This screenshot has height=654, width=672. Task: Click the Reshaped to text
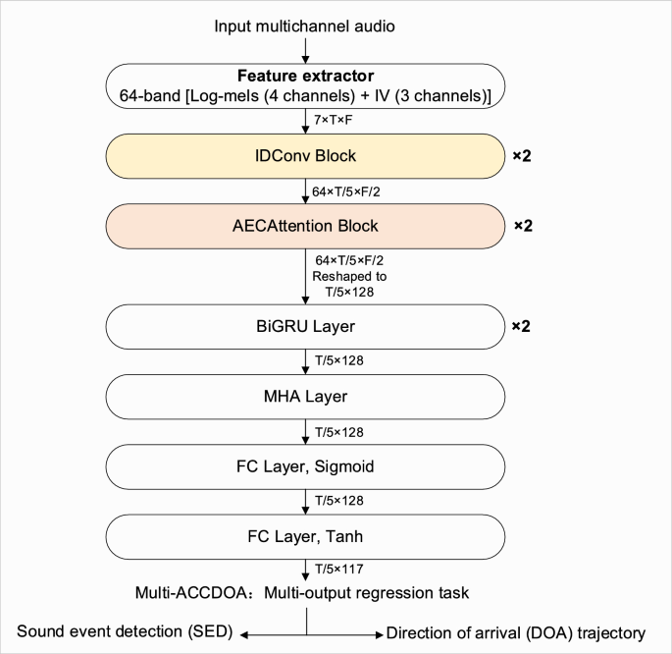point(343,276)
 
